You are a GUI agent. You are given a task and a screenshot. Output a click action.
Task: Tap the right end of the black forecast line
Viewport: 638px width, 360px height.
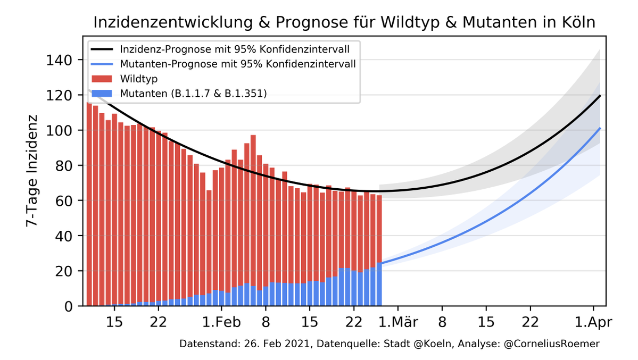[x=600, y=96]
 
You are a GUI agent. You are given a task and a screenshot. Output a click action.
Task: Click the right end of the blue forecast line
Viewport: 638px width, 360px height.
[x=600, y=128]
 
